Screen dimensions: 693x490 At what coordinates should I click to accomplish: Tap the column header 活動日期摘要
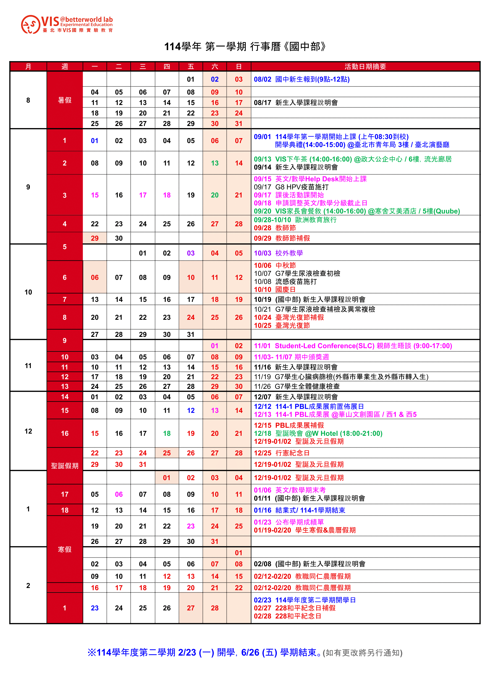click(365, 66)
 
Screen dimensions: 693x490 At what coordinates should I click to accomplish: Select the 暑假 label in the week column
click(65, 100)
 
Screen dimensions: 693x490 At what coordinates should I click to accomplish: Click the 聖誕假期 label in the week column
click(65, 466)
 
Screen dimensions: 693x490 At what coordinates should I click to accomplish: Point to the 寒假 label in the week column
click(65, 549)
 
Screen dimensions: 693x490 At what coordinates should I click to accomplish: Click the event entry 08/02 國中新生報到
click(301, 79)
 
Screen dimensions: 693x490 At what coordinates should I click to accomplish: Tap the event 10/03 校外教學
click(278, 253)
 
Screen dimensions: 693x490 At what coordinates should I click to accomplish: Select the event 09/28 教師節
click(275, 228)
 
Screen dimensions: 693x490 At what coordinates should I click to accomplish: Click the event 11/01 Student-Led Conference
click(353, 346)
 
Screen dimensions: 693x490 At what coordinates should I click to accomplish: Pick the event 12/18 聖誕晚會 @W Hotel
click(318, 433)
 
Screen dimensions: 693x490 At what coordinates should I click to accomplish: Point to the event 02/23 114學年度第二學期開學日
click(305, 600)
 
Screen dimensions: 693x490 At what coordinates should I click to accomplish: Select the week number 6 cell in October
click(65, 277)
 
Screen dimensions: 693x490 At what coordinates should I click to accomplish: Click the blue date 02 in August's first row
click(215, 79)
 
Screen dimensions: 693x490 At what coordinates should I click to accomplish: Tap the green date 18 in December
click(167, 433)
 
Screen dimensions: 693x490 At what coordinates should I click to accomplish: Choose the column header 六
click(215, 66)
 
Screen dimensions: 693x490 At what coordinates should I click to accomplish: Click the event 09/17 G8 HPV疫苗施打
click(291, 187)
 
